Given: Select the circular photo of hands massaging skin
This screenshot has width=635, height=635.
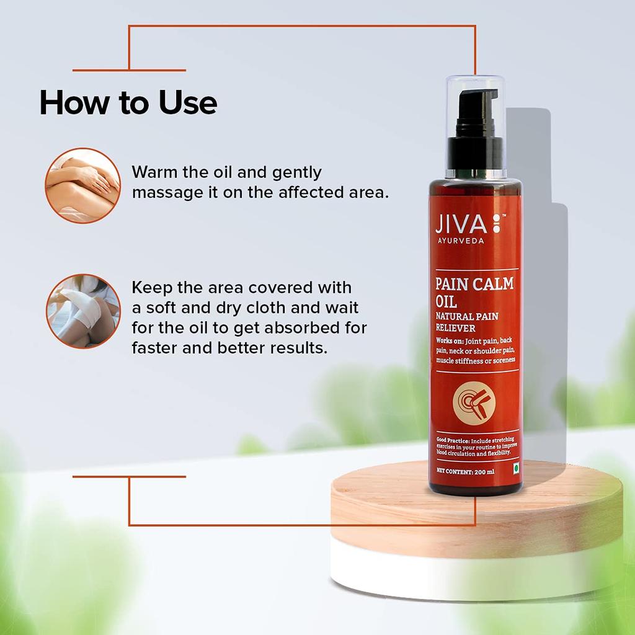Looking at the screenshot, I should point(82,185).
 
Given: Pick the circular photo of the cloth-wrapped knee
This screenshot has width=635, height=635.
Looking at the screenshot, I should point(82,311).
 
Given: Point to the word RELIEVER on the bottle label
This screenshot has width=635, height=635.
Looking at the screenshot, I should point(455,328).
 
